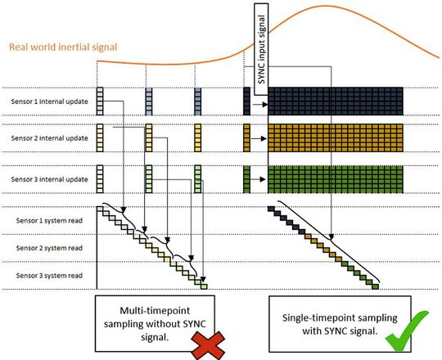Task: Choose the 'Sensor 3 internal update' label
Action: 47,178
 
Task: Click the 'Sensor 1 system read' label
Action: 45,221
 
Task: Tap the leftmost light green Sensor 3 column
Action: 100,178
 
